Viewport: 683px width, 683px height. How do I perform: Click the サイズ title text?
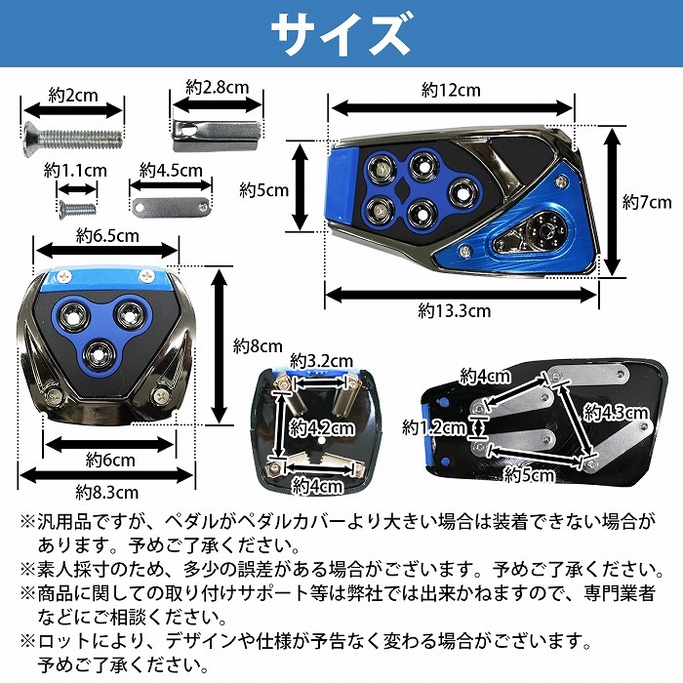pyautogui.click(x=341, y=35)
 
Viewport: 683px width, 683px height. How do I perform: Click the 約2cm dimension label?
pyautogui.click(x=73, y=96)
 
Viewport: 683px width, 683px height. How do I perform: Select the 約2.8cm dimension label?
pyautogui.click(x=219, y=88)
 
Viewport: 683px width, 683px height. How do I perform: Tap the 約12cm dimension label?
pyautogui.click(x=451, y=90)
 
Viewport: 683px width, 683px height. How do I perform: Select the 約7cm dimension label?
pyautogui.click(x=647, y=202)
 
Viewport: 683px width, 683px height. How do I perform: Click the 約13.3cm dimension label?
pyautogui.click(x=454, y=310)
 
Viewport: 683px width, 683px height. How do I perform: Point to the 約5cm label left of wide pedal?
pyautogui.click(x=264, y=190)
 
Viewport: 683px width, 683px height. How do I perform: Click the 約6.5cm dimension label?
pyautogui.click(x=108, y=235)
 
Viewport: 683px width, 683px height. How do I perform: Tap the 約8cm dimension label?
pyautogui.click(x=258, y=345)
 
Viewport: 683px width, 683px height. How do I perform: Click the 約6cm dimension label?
pyautogui.click(x=109, y=459)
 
